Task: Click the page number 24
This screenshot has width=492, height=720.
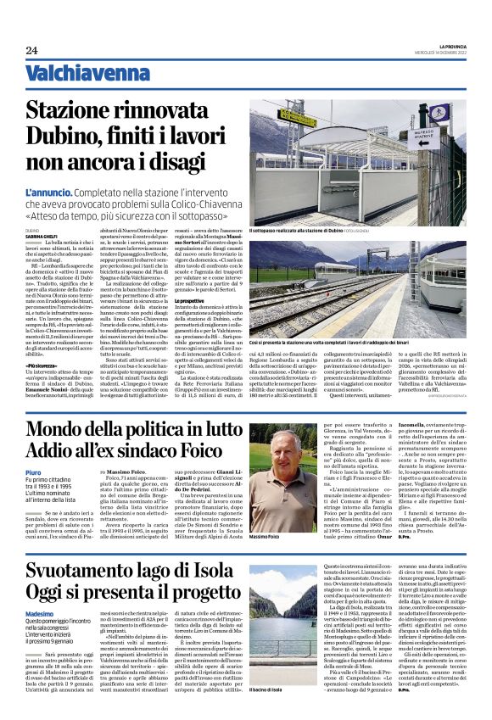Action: point(31,50)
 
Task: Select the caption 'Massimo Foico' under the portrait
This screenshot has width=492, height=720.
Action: point(266,537)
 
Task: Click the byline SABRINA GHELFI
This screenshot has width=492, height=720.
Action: point(39,236)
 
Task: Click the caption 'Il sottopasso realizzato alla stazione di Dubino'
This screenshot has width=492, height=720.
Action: point(296,230)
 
